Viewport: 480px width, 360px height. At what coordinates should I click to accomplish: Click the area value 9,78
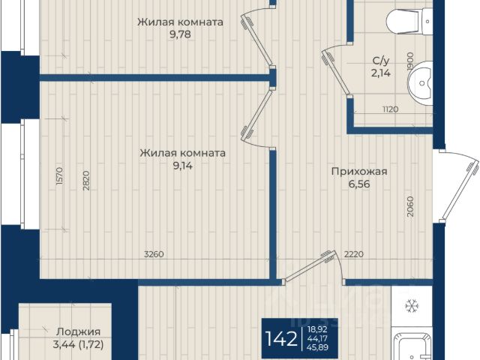click(x=180, y=34)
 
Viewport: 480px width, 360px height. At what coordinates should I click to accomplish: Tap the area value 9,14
click(x=183, y=166)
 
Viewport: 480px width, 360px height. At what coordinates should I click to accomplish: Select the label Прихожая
click(x=359, y=172)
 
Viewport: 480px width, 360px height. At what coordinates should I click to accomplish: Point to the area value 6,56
click(x=359, y=184)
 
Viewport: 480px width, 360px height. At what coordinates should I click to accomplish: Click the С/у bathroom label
click(x=380, y=61)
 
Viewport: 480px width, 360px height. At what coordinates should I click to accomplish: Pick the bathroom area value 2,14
click(x=380, y=73)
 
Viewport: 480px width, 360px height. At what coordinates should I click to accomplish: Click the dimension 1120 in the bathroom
click(x=390, y=109)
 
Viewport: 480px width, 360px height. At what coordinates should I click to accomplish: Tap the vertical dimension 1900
click(x=410, y=61)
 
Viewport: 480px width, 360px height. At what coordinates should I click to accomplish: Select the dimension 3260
click(x=154, y=254)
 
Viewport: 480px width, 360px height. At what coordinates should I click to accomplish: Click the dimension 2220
click(x=354, y=254)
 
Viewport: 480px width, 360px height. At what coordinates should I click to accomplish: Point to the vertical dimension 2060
click(x=410, y=206)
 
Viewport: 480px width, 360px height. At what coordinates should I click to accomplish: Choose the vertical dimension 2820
click(x=86, y=181)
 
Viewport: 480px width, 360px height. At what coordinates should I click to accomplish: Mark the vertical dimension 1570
click(x=60, y=175)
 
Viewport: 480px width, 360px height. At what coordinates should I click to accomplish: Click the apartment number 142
click(x=281, y=339)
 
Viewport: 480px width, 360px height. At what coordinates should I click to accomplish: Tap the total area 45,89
click(x=318, y=347)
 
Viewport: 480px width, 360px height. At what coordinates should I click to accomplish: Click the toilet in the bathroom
click(x=409, y=21)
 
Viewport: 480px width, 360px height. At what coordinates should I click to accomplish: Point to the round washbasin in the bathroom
click(x=420, y=82)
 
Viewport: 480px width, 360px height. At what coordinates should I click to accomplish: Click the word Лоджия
click(x=78, y=331)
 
